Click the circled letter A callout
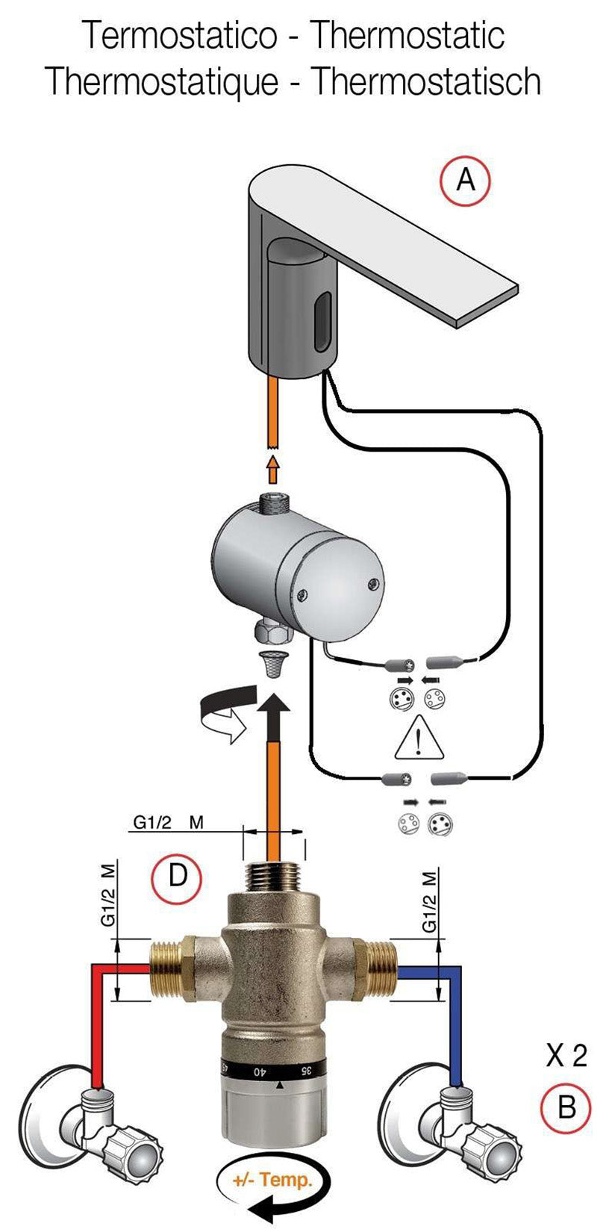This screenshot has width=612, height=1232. pyautogui.click(x=465, y=180)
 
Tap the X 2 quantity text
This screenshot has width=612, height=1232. pyautogui.click(x=566, y=1056)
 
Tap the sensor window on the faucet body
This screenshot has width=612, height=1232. pyautogui.click(x=322, y=322)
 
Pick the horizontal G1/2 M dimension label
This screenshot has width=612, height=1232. pyautogui.click(x=168, y=823)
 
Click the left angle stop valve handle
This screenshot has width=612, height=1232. pyautogui.click(x=134, y=1146)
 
